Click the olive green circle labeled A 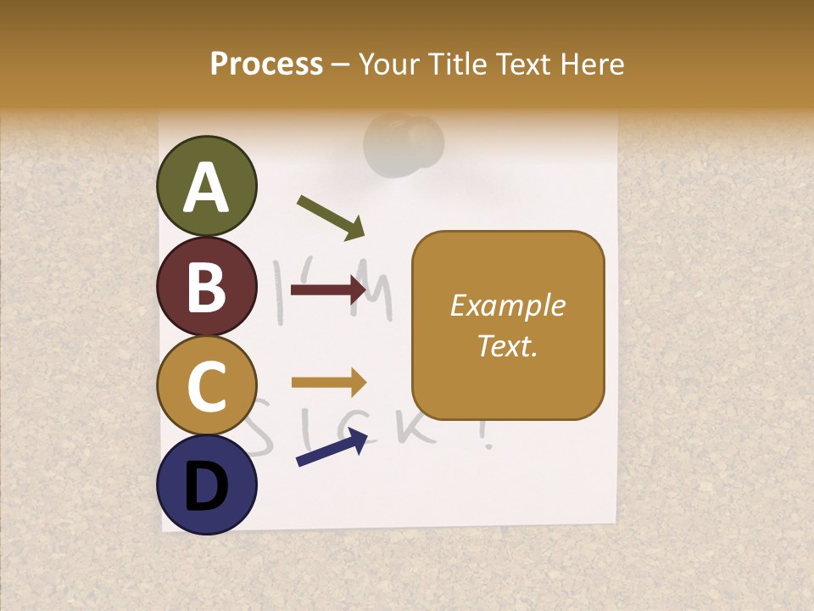207,186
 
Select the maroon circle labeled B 207,286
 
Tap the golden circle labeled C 207,385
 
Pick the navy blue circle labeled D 207,485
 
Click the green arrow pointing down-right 331,217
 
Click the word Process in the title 266,64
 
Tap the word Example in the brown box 507,305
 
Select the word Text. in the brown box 507,345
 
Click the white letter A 207,187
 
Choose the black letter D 207,487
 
